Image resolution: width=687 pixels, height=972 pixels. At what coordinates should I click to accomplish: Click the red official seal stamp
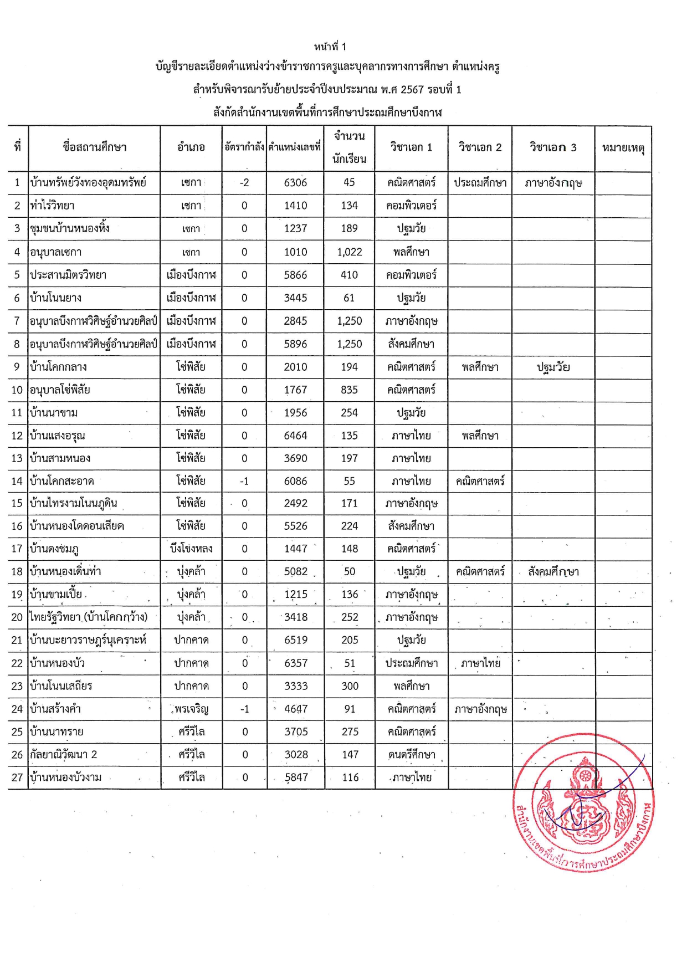583,802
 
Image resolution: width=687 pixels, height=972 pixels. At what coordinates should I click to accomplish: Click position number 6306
295,182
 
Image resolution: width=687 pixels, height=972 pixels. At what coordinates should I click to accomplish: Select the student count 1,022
349,252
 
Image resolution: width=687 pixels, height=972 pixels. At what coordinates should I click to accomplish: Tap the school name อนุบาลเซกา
56,252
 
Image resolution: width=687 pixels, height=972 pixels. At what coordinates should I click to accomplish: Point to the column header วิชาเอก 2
480,147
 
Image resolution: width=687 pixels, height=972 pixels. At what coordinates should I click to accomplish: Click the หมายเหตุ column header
623,148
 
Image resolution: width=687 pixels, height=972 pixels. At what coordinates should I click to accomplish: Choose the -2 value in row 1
244,182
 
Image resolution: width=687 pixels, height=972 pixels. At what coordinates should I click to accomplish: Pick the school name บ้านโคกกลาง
59,367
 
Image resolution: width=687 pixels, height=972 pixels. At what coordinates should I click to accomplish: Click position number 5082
295,571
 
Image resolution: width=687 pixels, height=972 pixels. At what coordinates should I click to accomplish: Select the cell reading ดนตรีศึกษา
412,754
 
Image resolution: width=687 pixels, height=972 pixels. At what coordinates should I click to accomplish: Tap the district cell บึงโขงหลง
191,549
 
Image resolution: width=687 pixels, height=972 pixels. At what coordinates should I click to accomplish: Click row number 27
17,777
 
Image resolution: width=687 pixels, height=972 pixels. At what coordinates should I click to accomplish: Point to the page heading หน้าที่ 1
330,47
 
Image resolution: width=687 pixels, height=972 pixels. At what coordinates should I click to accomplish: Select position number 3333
296,686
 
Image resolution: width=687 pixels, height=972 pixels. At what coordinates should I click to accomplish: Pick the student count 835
349,390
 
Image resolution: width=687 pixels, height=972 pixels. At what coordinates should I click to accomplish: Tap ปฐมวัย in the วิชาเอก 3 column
553,367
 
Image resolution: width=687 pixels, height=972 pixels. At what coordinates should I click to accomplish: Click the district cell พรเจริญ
191,709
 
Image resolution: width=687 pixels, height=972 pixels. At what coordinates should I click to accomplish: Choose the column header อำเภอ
191,147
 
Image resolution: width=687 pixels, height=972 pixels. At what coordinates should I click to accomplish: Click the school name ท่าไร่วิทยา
52,206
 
